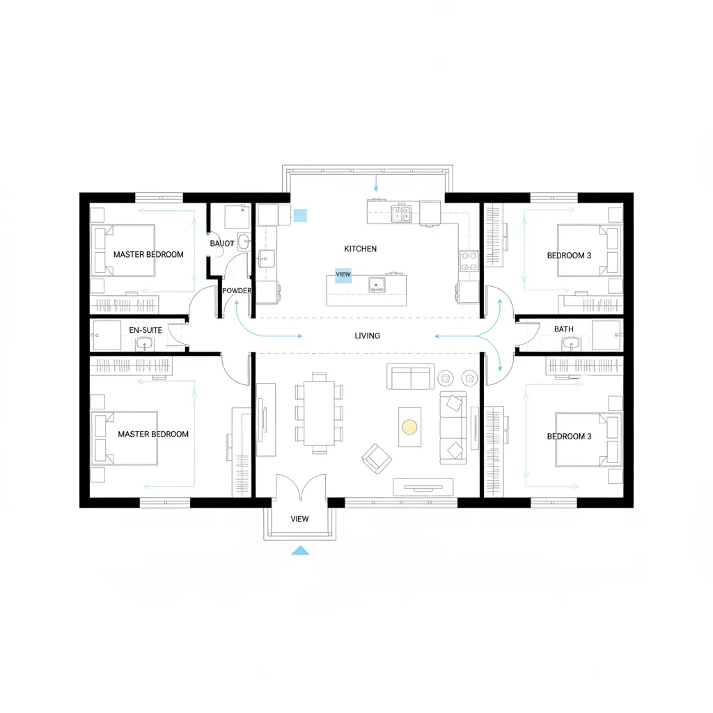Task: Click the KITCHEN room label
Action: pyautogui.click(x=360, y=249)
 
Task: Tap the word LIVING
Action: pyautogui.click(x=367, y=336)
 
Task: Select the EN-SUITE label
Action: pyautogui.click(x=146, y=329)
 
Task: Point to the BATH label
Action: pyautogui.click(x=563, y=329)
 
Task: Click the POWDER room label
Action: pyautogui.click(x=236, y=290)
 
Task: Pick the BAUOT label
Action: pyautogui.click(x=221, y=244)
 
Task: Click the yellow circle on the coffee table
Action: pyautogui.click(x=409, y=426)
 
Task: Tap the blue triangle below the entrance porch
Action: pyautogui.click(x=300, y=551)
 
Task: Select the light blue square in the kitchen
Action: pyautogui.click(x=301, y=215)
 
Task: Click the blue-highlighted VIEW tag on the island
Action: pyautogui.click(x=343, y=274)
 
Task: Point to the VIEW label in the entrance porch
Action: pyautogui.click(x=299, y=519)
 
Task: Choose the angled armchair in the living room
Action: pyautogui.click(x=377, y=457)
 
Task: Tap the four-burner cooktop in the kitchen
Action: pyautogui.click(x=469, y=261)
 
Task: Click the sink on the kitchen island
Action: pyautogui.click(x=377, y=284)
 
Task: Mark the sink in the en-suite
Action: pyautogui.click(x=145, y=343)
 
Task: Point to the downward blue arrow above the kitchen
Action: pyautogui.click(x=376, y=183)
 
